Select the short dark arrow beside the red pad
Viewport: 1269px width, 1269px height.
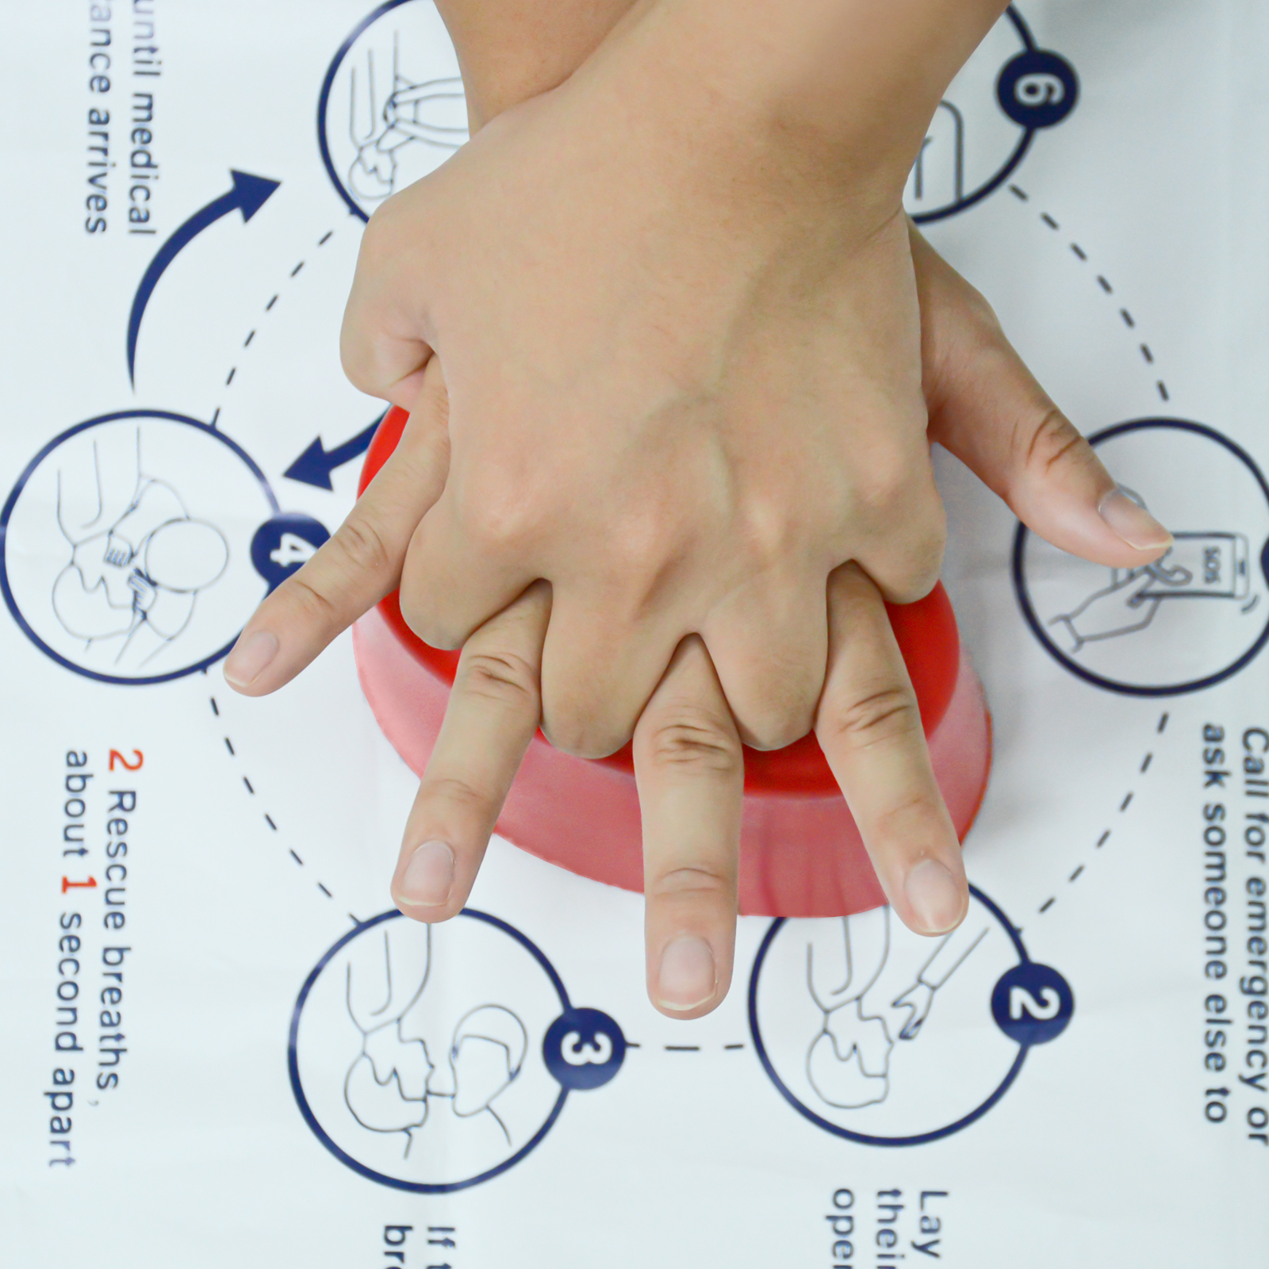pyautogui.click(x=325, y=460)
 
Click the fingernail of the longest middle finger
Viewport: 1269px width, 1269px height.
pyautogui.click(x=686, y=972)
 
